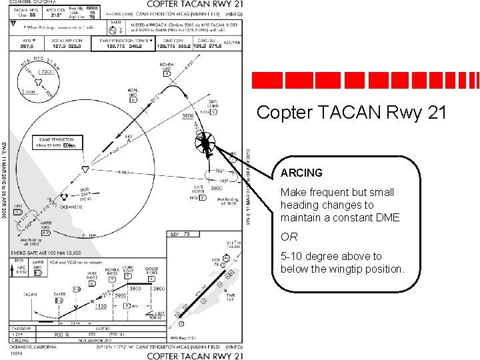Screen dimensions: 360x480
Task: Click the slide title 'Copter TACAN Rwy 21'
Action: tap(351, 113)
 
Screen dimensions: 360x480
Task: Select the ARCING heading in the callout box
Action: tap(301, 173)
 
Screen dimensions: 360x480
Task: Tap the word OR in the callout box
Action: tap(289, 237)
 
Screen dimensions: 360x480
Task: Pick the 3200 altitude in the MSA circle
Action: tap(31, 93)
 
